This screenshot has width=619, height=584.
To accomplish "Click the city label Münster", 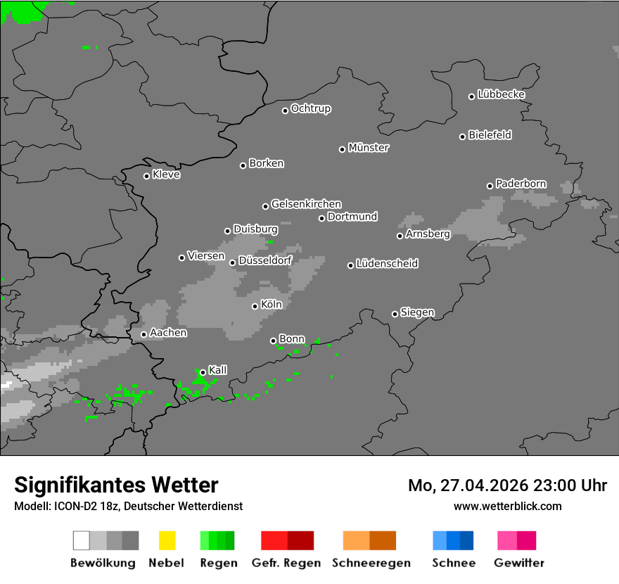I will pos(369,148).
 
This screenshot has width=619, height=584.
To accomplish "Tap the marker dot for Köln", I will pos(255,306).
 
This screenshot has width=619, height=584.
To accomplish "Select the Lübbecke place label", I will pos(501,94).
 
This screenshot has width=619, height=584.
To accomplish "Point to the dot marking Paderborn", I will pos(490,186).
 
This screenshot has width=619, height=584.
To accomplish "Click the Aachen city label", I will pos(168,333).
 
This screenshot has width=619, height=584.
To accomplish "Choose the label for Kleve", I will pos(166,174).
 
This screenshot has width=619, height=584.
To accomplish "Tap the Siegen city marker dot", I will pos(395,314).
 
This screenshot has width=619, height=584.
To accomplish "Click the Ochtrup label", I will pos(311,109).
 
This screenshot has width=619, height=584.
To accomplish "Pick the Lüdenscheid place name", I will pos(387,264).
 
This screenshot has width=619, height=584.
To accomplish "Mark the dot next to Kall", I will pos(203,372).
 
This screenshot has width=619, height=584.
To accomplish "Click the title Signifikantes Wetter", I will pos(116,485).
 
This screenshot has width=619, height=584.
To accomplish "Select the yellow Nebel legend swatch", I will pos(167,540).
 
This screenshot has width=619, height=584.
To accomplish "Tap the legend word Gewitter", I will pos(519,563).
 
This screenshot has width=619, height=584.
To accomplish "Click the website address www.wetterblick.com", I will pos(507,506).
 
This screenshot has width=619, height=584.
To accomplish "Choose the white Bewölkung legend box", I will pos(82,540).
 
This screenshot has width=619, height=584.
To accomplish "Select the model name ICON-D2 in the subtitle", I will pos(74,506).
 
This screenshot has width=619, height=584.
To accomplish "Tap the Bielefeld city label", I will pos(490,135).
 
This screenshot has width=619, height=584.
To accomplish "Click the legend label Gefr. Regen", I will pos(286,563).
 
